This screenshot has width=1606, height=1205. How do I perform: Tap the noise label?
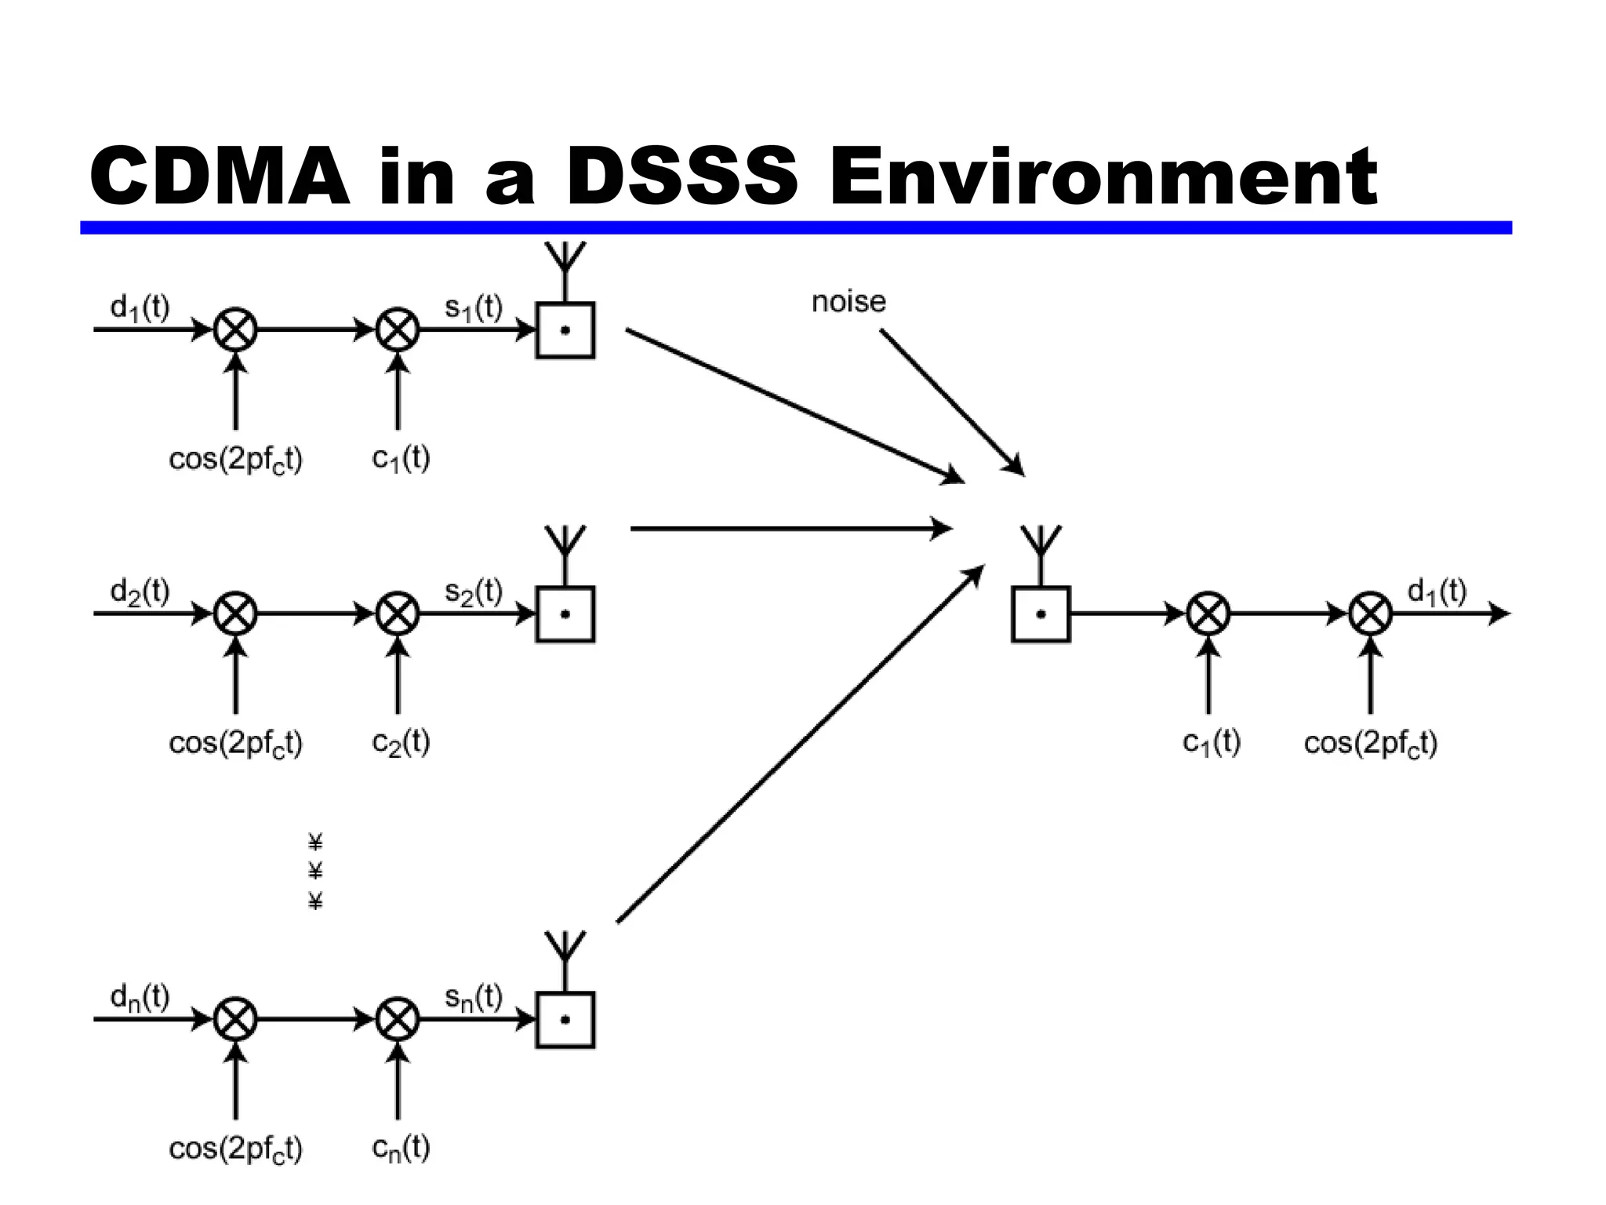coord(848,302)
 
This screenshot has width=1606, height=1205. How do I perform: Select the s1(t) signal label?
coord(474,307)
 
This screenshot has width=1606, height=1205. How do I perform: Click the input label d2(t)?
coord(140,591)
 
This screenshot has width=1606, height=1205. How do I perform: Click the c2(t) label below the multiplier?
coord(401,742)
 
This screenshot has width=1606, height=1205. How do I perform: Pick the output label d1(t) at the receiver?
coord(1437,591)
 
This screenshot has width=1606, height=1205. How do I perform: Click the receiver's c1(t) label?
coord(1212,742)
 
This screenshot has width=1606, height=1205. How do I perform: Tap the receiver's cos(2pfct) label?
coord(1370,743)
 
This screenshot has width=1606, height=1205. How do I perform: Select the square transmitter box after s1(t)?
coord(565,330)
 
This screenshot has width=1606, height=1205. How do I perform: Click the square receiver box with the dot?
coord(1041,614)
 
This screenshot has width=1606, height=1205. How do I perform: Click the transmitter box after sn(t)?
coord(565,1020)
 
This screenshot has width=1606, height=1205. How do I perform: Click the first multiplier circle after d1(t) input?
coord(235,329)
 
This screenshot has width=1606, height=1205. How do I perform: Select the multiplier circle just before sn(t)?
coord(398,1019)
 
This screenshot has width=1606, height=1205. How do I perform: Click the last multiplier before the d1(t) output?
coord(1370,613)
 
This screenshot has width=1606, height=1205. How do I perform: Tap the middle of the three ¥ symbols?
coord(315,871)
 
